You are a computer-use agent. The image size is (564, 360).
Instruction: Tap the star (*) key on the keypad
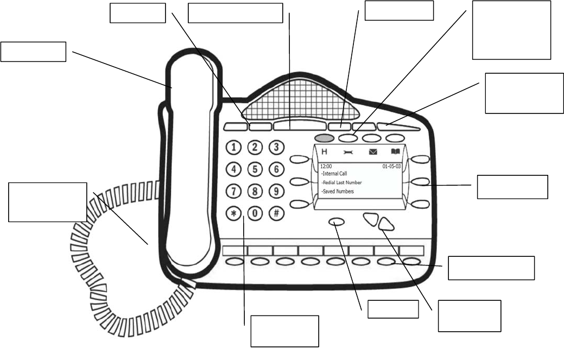click(x=233, y=213)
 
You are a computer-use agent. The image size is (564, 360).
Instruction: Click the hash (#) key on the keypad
click(x=276, y=213)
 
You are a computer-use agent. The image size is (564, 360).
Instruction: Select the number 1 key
click(x=233, y=147)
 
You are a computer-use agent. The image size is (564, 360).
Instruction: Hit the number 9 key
click(x=276, y=191)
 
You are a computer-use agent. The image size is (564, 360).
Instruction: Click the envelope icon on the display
click(x=372, y=152)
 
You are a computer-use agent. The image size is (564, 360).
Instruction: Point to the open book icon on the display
click(x=396, y=152)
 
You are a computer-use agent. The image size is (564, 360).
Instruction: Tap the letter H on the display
click(x=325, y=152)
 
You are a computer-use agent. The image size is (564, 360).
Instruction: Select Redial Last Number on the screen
click(x=342, y=182)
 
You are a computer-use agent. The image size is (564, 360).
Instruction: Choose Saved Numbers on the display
click(x=338, y=192)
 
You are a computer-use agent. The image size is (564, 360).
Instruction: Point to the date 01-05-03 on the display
click(x=391, y=166)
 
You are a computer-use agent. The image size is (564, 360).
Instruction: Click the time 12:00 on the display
click(x=326, y=166)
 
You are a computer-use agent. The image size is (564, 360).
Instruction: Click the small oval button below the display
click(x=337, y=222)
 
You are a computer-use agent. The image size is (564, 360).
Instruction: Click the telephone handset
click(x=187, y=163)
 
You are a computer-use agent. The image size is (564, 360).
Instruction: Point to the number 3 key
click(x=276, y=147)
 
